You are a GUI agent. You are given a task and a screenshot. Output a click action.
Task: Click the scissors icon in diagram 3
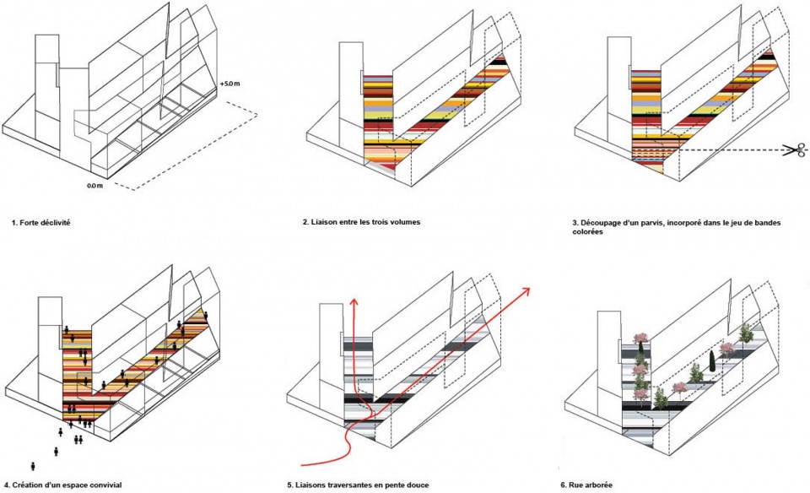click(791, 151)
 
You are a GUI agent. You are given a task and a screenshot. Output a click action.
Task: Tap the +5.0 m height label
click(229, 84)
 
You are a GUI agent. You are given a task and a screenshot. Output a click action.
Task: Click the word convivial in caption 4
click(105, 485)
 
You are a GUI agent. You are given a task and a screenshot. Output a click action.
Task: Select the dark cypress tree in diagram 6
click(710, 358)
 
